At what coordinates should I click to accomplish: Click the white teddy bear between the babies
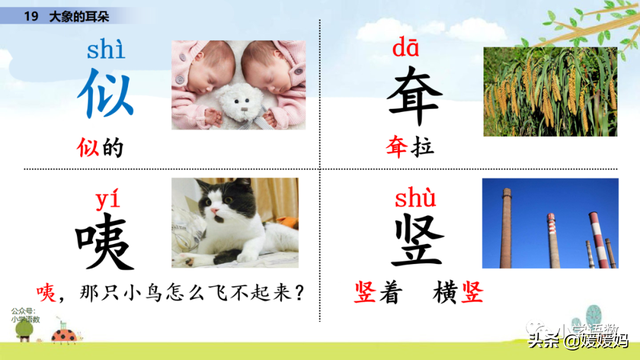[238, 102]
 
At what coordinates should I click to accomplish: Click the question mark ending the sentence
[297, 293]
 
